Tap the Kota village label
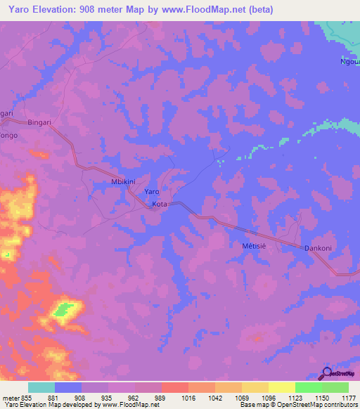pyautogui.click(x=160, y=204)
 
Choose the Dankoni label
pyautogui.click(x=317, y=248)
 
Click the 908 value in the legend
pyautogui.click(x=96, y=398)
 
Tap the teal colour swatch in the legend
pyautogui.click(x=41, y=387)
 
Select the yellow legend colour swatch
pyautogui.click(x=282, y=387)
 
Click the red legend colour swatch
pyautogui.click(x=175, y=387)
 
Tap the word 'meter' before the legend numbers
pyautogui.click(x=12, y=398)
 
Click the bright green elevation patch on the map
pyautogui.click(x=65, y=308)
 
